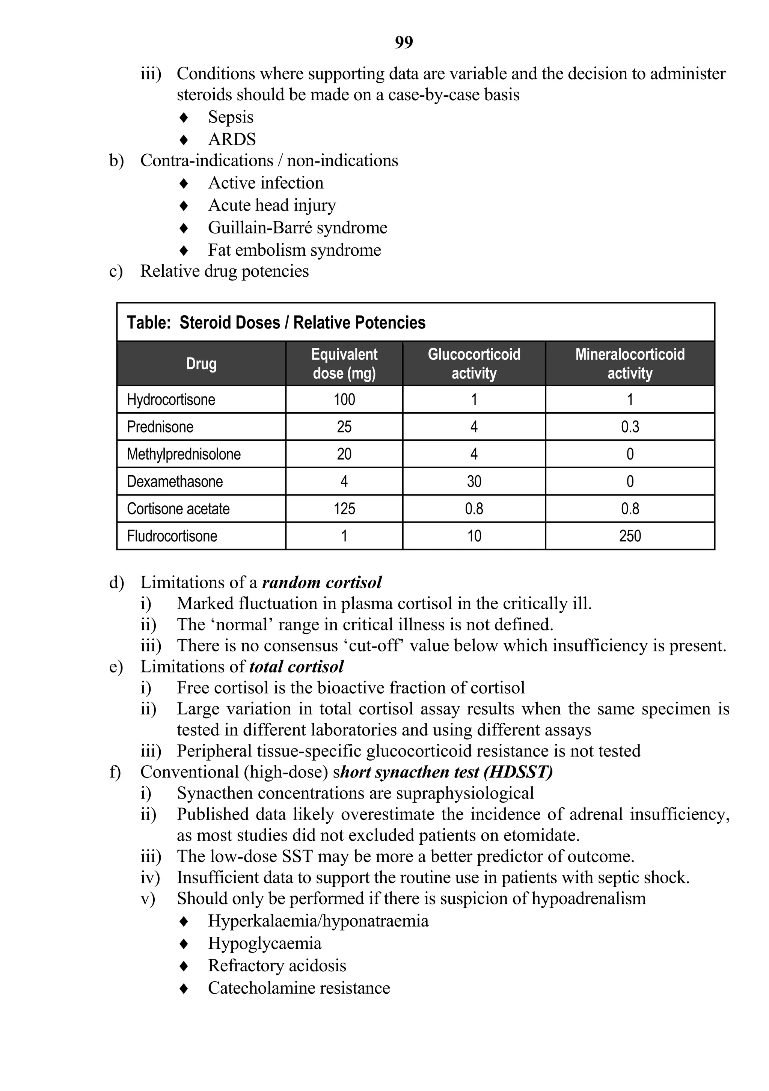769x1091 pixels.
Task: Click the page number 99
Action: pos(404,43)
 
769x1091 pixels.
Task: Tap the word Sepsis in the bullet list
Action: pos(231,117)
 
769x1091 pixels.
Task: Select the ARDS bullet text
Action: pos(232,139)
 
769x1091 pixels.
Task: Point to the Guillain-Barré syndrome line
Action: pos(297,228)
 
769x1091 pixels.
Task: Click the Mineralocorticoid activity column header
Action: pos(630,363)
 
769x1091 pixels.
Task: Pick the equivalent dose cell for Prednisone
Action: pos(344,427)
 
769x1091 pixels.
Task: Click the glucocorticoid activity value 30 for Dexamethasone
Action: pos(474,481)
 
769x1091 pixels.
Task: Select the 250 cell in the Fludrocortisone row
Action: pos(630,536)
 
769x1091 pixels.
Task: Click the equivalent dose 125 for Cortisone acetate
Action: pos(344,509)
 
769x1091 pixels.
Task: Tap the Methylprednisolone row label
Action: pos(184,454)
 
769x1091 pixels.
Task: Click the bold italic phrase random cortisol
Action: pos(322,583)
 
